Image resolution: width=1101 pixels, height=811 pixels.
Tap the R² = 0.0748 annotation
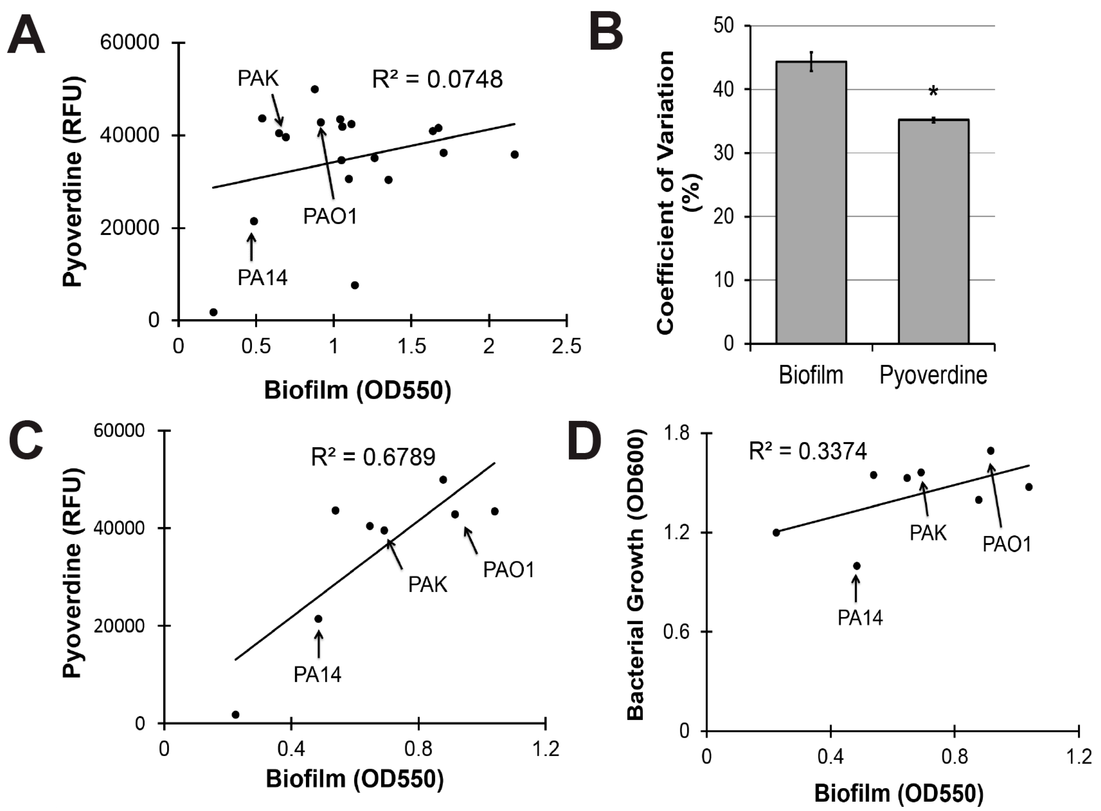[437, 80]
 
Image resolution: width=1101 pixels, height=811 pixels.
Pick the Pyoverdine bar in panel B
[933, 231]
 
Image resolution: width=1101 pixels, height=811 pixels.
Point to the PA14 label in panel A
[262, 278]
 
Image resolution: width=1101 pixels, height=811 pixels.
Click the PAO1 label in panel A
[330, 216]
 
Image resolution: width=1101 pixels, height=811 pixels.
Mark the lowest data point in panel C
[235, 714]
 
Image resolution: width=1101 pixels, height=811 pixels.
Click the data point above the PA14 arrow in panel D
[857, 566]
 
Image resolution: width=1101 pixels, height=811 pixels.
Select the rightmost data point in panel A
[514, 155]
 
